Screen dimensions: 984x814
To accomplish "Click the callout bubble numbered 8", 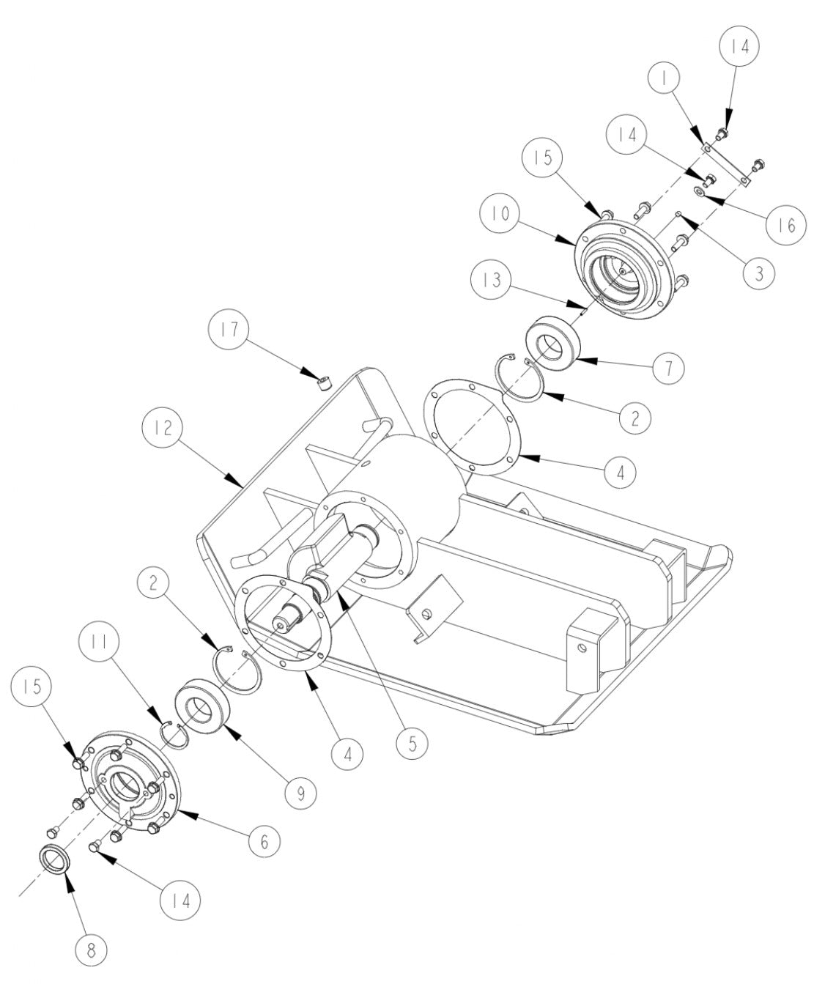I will (x=92, y=952).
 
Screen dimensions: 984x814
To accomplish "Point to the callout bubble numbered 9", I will (x=302, y=791).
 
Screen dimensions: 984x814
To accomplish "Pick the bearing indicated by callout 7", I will (x=552, y=342).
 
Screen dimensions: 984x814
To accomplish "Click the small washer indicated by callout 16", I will (x=701, y=192).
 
